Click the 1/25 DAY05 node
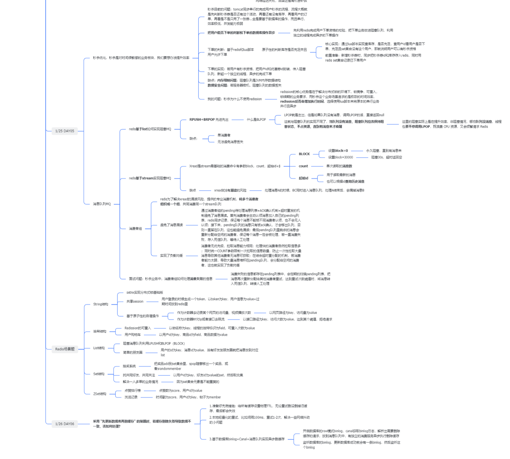point(65,131)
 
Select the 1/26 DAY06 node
point(65,424)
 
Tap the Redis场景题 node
point(65,349)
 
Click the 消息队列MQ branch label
point(102,204)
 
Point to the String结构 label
point(101,304)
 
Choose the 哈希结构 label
point(100,331)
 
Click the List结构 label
point(99,348)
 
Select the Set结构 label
point(99,374)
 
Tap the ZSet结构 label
point(100,394)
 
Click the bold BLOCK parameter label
point(304,154)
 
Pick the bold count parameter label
point(303,166)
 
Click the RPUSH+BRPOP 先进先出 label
point(209,120)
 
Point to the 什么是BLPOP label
point(256,120)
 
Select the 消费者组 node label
point(135,229)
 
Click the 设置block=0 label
point(338,151)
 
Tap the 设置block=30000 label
point(340,157)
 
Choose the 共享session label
point(135,301)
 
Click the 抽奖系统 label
point(129,366)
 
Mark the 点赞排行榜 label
point(132,391)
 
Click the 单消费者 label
point(224,135)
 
